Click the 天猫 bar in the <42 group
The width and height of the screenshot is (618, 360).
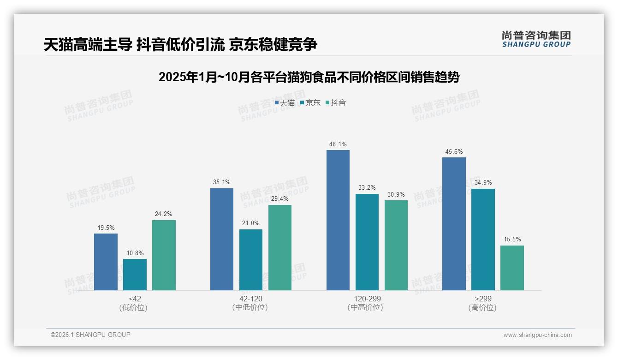pos(106,262)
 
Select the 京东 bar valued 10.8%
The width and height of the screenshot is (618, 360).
pos(135,275)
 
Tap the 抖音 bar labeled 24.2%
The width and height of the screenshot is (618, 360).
pos(164,255)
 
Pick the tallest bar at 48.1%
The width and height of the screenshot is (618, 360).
pos(338,220)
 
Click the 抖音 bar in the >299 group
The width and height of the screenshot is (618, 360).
pos(512,268)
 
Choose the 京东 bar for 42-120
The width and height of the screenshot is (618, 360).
pos(250,260)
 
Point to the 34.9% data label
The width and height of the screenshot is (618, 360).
pos(483,183)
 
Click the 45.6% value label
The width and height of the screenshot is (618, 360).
pos(454,151)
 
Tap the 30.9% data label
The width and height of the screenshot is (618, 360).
pos(396,194)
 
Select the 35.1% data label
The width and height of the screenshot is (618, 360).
pos(221,182)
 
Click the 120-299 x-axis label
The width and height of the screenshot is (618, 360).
pos(367,299)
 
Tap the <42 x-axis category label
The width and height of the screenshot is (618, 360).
pos(135,299)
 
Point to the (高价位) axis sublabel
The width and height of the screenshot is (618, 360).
pos(482,307)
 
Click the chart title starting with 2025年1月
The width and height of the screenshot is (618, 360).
pos(309,77)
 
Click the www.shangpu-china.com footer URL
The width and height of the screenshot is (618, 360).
pos(537,335)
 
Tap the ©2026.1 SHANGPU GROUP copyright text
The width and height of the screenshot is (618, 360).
pos(90,335)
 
